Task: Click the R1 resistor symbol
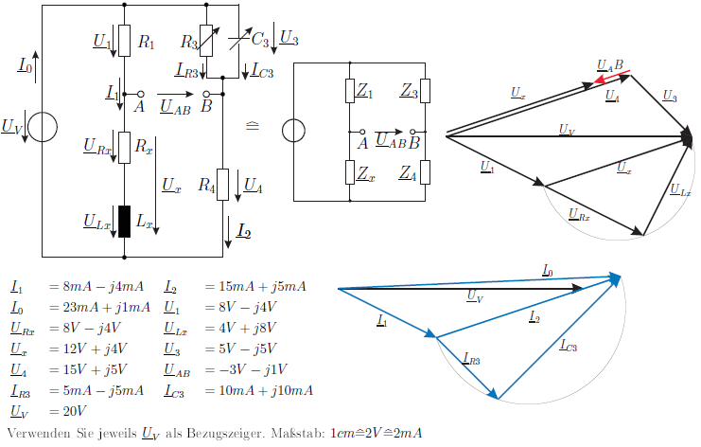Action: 124,41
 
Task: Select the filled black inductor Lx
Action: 124,222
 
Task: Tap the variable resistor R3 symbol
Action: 206,41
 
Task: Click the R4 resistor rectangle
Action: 222,185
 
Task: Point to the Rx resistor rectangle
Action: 124,148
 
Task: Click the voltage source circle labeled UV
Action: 43,127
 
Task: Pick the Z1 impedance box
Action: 350,91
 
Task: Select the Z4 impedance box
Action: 425,172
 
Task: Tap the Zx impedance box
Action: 350,172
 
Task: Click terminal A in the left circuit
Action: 140,95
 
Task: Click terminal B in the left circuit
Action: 206,95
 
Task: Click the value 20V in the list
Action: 74,411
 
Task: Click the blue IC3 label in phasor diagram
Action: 569,346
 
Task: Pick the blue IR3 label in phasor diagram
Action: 471,359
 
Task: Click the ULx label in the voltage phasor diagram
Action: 680,190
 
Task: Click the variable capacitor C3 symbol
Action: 238,41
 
